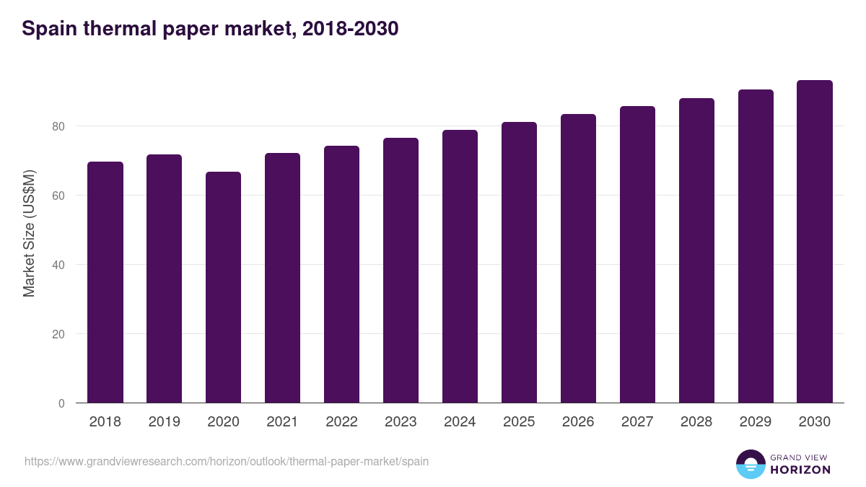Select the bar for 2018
[105, 282]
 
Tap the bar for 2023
[401, 271]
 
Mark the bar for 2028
[696, 250]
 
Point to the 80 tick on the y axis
[58, 126]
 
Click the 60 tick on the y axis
[58, 196]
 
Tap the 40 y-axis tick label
[58, 265]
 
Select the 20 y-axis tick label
[58, 334]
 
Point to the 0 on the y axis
[61, 403]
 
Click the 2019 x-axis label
[165, 422]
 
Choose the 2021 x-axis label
[283, 422]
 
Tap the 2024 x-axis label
[460, 422]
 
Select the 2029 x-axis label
[756, 422]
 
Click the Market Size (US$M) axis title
[29, 233]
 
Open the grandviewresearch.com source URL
[227, 461]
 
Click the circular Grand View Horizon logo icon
[750, 464]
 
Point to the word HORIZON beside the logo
[800, 470]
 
